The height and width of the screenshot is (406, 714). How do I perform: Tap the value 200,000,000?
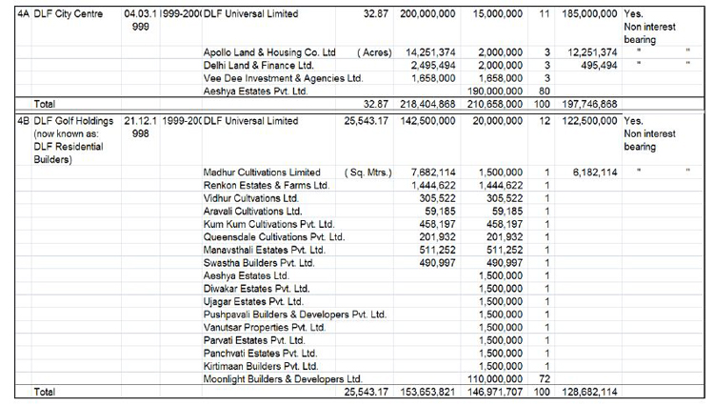point(426,16)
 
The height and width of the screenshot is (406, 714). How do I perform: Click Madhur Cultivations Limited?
point(263,171)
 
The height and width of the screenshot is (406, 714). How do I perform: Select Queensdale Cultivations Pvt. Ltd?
point(274,235)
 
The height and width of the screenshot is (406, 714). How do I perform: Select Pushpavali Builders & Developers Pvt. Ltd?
point(295,313)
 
